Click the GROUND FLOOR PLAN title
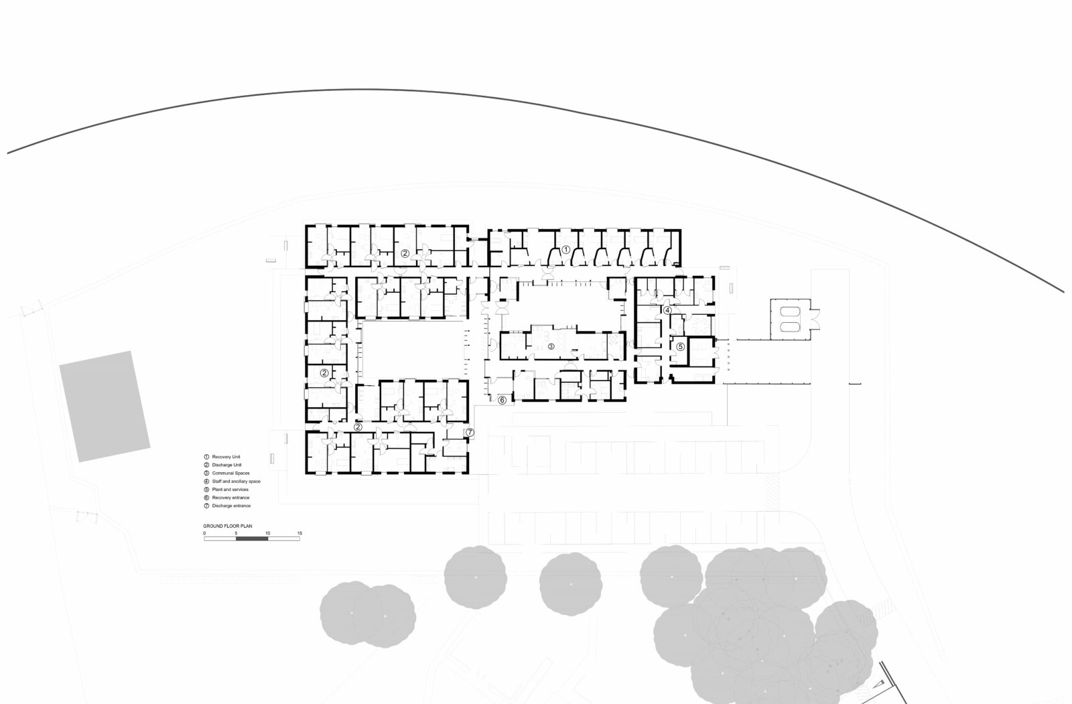(x=227, y=526)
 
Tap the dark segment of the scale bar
(x=252, y=539)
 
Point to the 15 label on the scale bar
(x=299, y=533)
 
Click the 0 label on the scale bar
(x=204, y=533)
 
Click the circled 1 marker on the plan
(x=565, y=249)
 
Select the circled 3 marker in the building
(x=551, y=346)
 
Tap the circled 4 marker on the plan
(x=667, y=310)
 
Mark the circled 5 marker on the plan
(x=680, y=346)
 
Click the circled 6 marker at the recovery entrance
(x=502, y=400)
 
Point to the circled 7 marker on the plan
(x=470, y=432)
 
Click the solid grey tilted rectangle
(x=105, y=407)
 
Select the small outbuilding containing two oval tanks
(x=791, y=320)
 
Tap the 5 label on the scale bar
(x=236, y=533)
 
